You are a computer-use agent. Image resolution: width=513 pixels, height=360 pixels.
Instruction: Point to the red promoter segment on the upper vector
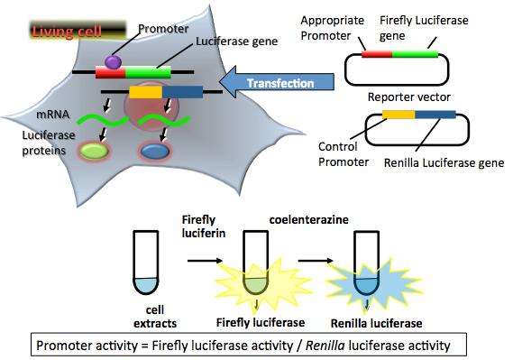click(x=377, y=54)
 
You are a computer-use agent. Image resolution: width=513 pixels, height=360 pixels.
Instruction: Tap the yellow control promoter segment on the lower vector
click(x=398, y=115)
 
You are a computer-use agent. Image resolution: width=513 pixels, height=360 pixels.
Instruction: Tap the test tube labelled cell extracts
click(x=144, y=261)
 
